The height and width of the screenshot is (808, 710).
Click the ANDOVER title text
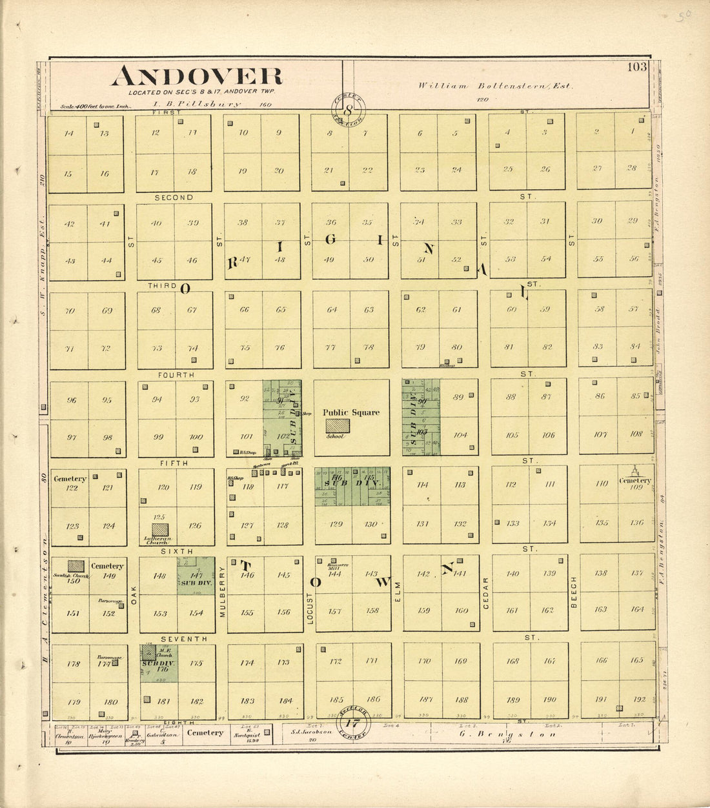[x=197, y=76]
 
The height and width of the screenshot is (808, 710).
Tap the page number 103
[x=636, y=67]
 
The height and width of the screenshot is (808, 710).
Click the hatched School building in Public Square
[x=338, y=426]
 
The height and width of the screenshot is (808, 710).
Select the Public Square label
[x=351, y=412]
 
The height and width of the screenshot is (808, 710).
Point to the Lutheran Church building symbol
[x=160, y=529]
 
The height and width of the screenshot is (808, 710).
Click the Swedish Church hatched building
[x=76, y=566]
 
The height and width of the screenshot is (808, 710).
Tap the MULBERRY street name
[x=221, y=592]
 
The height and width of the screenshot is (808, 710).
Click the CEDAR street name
[x=485, y=592]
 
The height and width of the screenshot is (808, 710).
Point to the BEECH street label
[x=573, y=592]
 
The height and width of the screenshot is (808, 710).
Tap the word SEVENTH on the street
[x=184, y=639]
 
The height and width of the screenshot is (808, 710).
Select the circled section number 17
[x=352, y=723]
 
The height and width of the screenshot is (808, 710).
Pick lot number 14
[x=69, y=134]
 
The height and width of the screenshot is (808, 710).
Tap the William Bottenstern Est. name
[x=495, y=86]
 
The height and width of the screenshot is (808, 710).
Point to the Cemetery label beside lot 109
[x=634, y=481]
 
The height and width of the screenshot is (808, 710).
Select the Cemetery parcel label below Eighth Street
[x=205, y=732]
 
